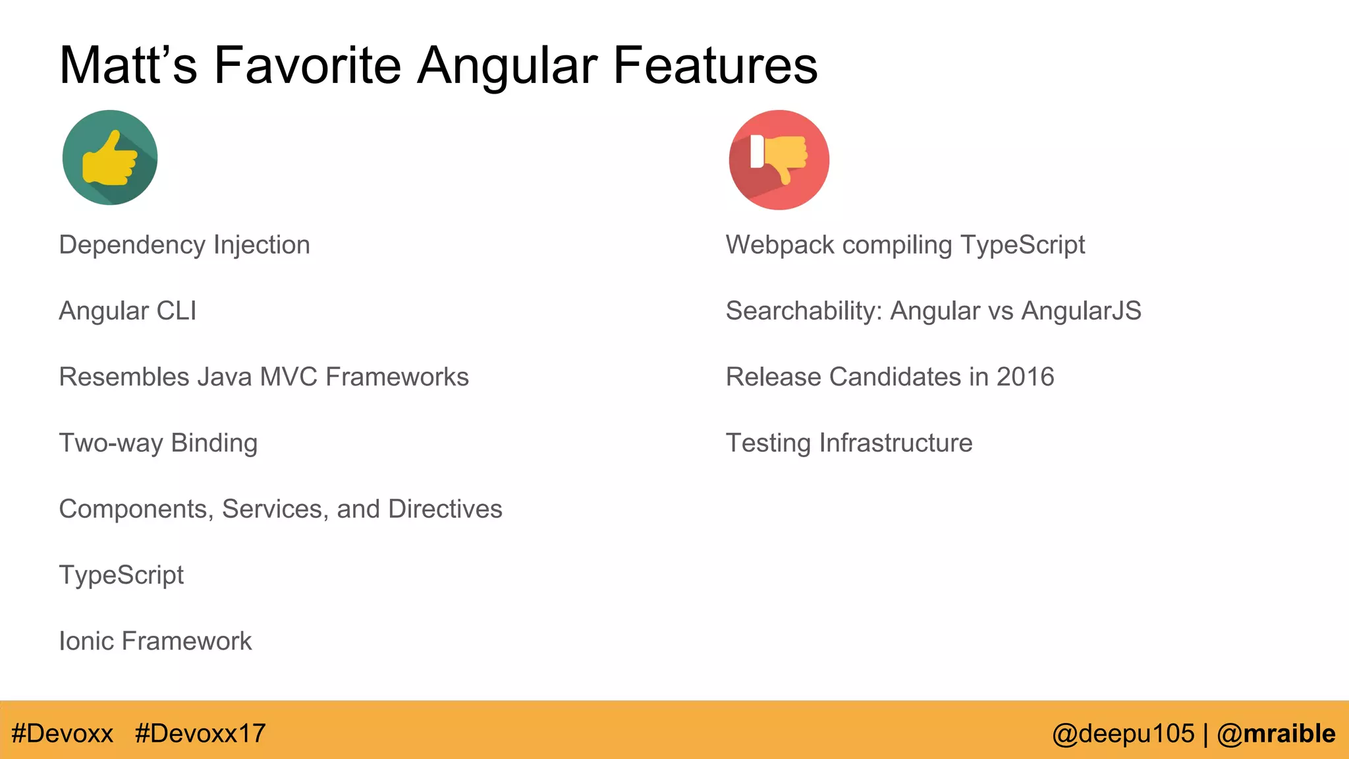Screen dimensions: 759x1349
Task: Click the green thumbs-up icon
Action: coord(110,157)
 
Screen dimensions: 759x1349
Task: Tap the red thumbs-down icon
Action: coord(779,159)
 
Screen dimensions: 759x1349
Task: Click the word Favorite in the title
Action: coord(308,65)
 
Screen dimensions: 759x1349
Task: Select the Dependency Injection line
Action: coord(184,245)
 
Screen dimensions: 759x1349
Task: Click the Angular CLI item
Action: coord(128,311)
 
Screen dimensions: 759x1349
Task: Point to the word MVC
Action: coord(289,377)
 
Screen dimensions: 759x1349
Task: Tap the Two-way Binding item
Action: coord(158,443)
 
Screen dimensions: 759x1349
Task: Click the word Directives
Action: coord(445,509)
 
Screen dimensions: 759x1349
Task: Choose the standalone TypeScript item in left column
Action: coord(121,575)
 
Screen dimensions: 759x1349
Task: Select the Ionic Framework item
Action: coord(155,641)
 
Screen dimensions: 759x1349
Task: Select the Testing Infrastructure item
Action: coord(849,443)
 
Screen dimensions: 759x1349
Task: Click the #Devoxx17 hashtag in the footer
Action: coord(200,733)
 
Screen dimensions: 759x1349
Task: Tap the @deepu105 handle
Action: coord(1123,733)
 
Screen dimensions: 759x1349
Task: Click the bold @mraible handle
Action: coord(1276,733)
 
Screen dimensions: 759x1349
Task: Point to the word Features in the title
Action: coord(715,65)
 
